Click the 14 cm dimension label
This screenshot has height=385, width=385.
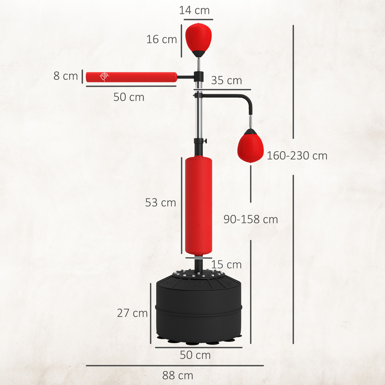(194, 10)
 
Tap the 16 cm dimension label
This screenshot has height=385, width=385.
(161, 39)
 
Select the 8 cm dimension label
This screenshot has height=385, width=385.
(65, 76)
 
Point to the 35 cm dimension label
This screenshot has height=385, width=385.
(226, 80)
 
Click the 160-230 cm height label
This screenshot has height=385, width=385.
(297, 156)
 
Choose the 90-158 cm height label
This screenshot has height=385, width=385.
(251, 219)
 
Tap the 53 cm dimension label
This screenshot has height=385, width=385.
(160, 203)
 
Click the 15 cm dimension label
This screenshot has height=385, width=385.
(226, 264)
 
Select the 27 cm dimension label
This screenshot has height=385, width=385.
(132, 313)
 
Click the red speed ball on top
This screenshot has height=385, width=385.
(198, 37)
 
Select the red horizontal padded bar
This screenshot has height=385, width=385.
(131, 77)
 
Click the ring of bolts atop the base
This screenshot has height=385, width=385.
(198, 274)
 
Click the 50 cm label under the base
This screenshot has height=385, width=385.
(195, 355)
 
